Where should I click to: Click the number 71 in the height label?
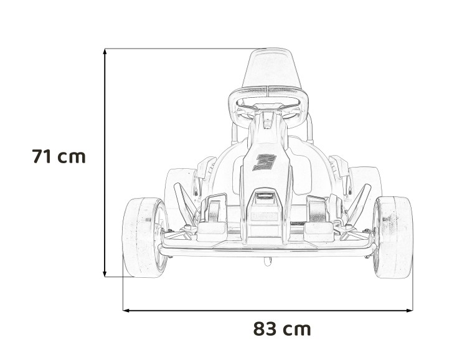point(42,156)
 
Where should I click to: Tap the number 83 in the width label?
point(265,329)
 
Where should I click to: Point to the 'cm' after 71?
point(72,157)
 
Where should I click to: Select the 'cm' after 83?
point(296,329)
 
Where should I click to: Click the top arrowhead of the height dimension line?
point(105,51)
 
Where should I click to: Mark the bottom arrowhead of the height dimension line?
point(105,273)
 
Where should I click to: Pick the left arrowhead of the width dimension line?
point(126,309)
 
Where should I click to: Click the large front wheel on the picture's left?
point(144,237)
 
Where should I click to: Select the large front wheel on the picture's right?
point(393,237)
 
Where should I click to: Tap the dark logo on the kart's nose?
point(265,162)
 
